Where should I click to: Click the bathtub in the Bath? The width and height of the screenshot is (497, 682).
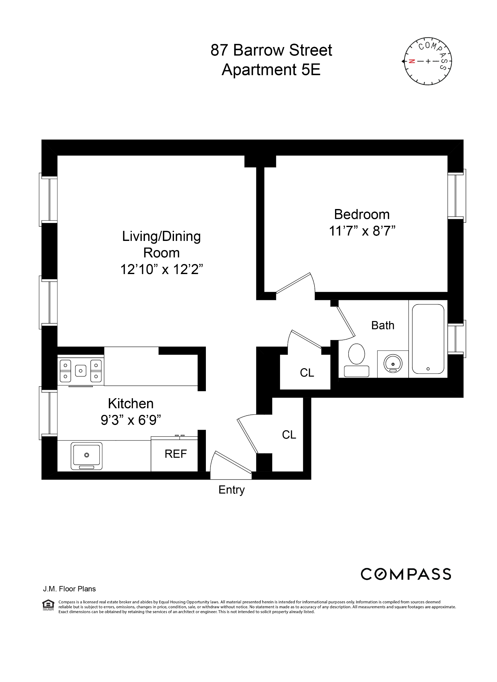[428, 338]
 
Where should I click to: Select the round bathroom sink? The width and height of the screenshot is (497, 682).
[393, 364]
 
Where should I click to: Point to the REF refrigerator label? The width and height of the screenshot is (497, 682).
[176, 454]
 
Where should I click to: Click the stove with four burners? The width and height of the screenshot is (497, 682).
[81, 370]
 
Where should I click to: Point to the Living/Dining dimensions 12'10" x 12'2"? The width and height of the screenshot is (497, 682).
[161, 269]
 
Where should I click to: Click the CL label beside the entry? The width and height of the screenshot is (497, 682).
[289, 435]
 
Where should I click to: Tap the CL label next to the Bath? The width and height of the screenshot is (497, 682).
[307, 373]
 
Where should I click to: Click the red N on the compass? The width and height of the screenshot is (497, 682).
[411, 61]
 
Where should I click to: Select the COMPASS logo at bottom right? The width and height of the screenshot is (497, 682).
[406, 574]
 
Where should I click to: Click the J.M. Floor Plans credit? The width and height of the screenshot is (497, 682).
[69, 589]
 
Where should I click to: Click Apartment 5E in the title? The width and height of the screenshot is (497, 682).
[271, 70]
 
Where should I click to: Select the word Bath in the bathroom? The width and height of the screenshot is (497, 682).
[383, 325]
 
